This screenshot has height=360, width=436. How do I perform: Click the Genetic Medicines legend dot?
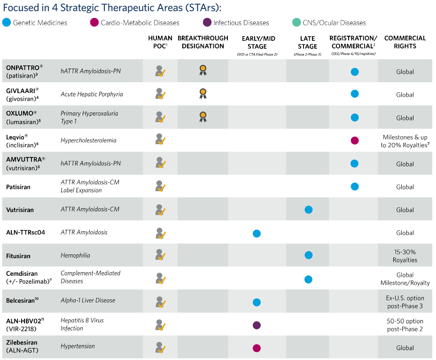[x=6, y=23]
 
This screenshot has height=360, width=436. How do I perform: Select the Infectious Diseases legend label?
[x=241, y=23]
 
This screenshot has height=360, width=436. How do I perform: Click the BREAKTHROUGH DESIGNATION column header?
[x=203, y=42]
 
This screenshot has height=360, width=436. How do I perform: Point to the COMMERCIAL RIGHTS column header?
[x=405, y=42]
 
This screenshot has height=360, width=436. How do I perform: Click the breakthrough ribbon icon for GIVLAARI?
[x=203, y=94]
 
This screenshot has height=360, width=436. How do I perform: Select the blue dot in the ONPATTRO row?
[x=355, y=71]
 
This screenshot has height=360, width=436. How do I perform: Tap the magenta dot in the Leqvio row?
[x=355, y=141]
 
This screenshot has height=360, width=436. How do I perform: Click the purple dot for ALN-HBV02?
[x=257, y=325]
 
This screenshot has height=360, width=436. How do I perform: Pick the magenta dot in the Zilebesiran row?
[x=257, y=348]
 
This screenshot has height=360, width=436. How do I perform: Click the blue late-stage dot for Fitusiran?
[x=308, y=255]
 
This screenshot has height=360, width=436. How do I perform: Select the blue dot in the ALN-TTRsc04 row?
[x=257, y=233]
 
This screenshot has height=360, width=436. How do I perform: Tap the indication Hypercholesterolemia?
[x=88, y=140]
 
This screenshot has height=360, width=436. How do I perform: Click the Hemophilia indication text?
[x=75, y=255]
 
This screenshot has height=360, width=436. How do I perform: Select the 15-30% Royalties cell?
[x=405, y=256]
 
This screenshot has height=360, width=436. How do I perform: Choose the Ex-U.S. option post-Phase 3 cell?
[x=405, y=302]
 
